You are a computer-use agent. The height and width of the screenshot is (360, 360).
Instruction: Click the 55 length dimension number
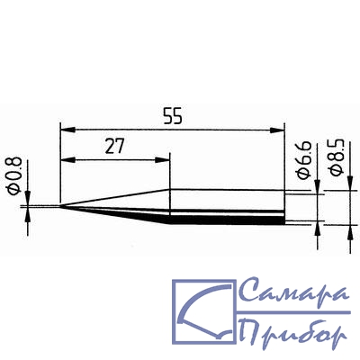click(x=173, y=116)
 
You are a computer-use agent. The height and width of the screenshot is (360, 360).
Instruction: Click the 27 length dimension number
click(x=114, y=147)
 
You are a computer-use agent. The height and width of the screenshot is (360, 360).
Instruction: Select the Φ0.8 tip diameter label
click(x=14, y=176)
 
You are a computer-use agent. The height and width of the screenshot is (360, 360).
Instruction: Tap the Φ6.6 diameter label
click(x=304, y=161)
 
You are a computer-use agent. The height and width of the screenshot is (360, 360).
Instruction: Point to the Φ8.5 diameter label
click(x=336, y=157)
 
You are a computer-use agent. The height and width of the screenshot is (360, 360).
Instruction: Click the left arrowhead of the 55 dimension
click(x=67, y=130)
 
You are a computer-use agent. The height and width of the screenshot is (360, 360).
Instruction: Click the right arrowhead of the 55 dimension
click(x=277, y=130)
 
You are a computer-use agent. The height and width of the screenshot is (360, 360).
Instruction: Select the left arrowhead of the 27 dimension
click(x=67, y=160)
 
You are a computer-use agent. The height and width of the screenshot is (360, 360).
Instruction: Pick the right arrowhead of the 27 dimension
click(x=163, y=160)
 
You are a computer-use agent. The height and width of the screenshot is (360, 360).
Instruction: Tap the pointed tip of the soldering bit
click(x=61, y=206)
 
